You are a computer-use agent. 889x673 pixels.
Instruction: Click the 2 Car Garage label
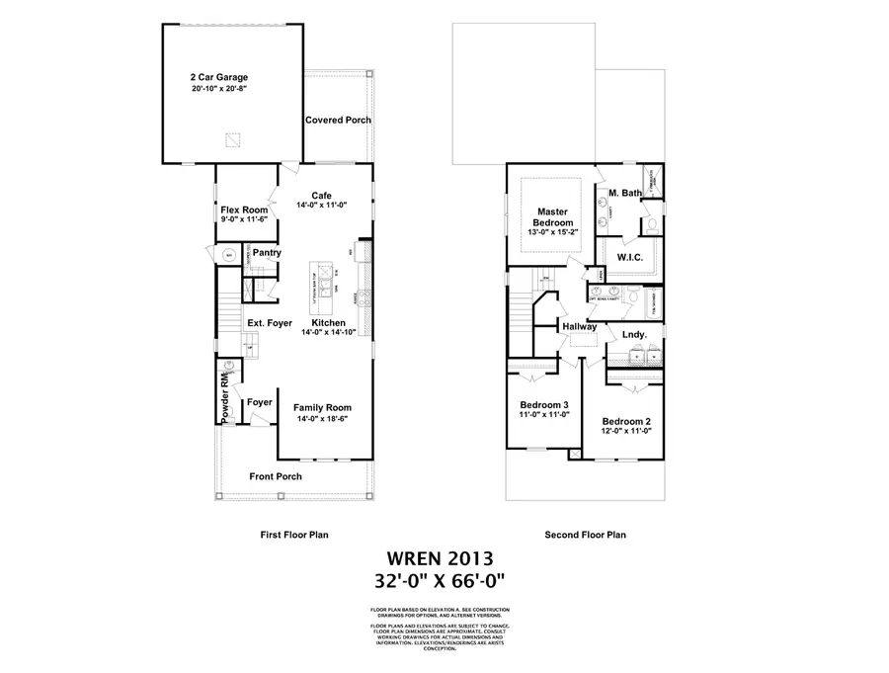click(219, 76)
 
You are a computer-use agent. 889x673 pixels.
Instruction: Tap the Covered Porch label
click(338, 121)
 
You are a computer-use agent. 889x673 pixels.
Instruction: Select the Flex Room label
click(244, 210)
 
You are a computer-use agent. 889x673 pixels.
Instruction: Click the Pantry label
click(267, 253)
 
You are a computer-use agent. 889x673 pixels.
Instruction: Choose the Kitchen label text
click(328, 323)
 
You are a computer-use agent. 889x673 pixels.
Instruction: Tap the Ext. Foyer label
click(269, 323)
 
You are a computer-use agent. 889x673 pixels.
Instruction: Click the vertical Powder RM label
click(226, 397)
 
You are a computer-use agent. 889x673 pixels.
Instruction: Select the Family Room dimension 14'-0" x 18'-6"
click(324, 419)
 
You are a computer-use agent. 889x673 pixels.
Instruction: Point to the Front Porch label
click(276, 476)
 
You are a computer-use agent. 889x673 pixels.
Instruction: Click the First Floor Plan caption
click(294, 535)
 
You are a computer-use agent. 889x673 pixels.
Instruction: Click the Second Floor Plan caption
click(585, 535)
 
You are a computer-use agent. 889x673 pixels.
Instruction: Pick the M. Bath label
click(625, 193)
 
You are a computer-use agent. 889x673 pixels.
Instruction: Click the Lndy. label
click(634, 334)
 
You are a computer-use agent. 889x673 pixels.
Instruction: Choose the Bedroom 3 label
click(544, 404)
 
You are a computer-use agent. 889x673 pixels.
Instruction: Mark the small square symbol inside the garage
click(232, 139)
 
